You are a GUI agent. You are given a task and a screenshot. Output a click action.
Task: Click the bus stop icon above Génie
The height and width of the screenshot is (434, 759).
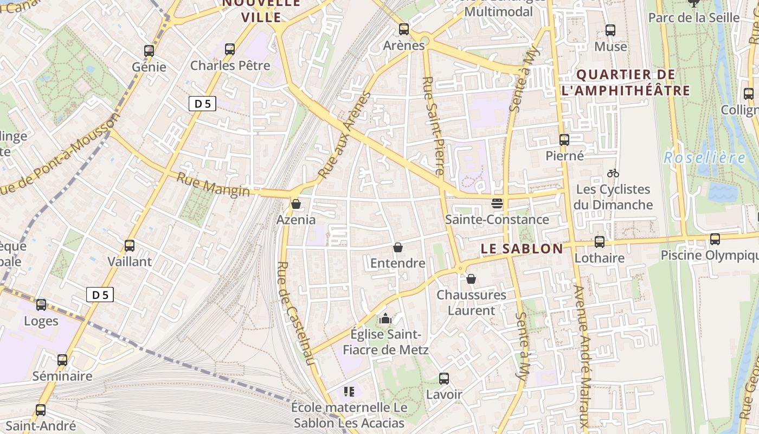click(x=149, y=51)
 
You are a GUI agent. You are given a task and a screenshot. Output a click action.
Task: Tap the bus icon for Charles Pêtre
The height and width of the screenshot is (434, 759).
click(x=230, y=49)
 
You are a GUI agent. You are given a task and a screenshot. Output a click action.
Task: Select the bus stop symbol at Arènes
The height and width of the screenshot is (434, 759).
click(x=404, y=29)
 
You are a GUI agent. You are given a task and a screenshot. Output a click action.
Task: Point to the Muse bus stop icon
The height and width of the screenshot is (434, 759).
click(x=610, y=30)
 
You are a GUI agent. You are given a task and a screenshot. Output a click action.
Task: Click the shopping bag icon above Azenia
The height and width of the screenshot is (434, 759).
click(x=296, y=204)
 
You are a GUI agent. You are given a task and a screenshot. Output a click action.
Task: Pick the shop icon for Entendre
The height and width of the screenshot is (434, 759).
click(x=398, y=247)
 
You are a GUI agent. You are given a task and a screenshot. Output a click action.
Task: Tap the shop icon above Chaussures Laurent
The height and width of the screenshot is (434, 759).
click(x=471, y=279)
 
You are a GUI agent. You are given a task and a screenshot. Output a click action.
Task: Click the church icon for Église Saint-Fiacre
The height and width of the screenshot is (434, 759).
click(x=385, y=318)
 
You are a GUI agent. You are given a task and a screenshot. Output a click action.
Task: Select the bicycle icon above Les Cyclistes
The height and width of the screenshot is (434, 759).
click(x=613, y=174)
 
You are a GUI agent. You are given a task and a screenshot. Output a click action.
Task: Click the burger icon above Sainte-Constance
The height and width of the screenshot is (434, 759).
click(x=497, y=203)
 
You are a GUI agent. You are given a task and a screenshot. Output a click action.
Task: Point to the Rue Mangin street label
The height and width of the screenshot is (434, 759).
click(x=213, y=184)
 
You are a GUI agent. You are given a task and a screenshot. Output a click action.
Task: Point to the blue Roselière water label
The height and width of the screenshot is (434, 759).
click(x=705, y=158)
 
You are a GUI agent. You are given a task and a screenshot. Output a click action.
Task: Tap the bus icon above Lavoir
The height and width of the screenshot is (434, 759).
click(x=444, y=379)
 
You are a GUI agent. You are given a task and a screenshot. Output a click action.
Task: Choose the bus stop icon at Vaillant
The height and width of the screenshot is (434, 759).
click(x=130, y=245)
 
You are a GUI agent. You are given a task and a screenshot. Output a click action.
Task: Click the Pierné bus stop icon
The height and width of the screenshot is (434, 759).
click(x=564, y=140)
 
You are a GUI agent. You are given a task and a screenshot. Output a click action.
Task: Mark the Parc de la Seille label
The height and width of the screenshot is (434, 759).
click(x=694, y=17)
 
